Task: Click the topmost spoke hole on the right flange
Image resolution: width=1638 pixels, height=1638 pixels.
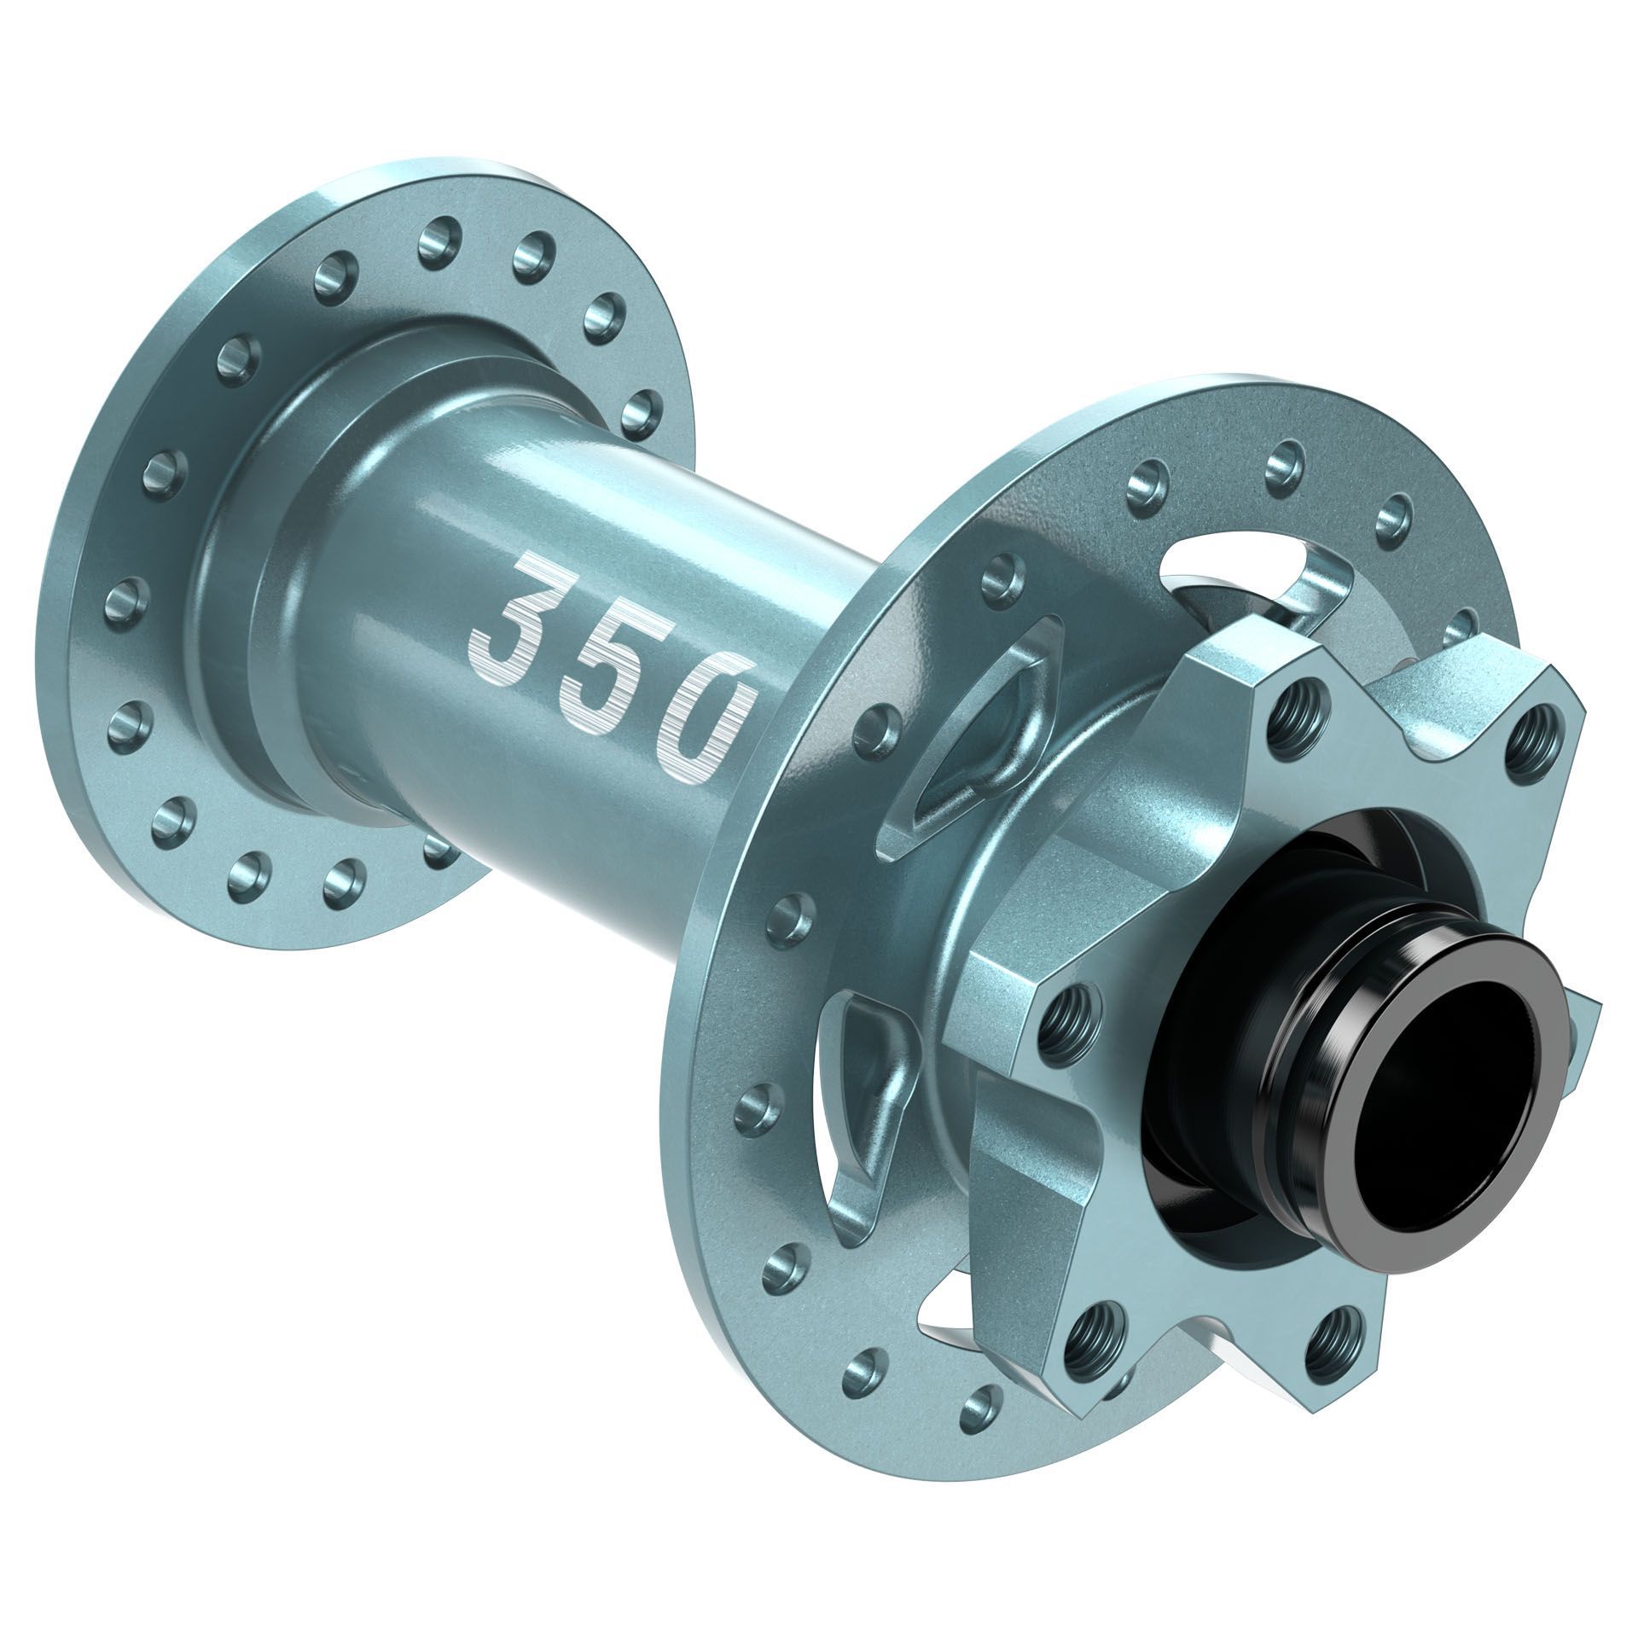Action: click(1285, 462)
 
